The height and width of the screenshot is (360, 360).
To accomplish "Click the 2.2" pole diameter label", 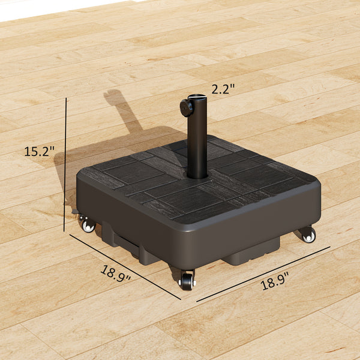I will (x=223, y=88).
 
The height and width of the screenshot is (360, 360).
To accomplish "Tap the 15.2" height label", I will (x=40, y=151).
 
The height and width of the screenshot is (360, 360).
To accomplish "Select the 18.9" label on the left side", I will (x=116, y=274).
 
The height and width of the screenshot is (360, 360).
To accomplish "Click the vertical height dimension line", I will (x=65, y=165).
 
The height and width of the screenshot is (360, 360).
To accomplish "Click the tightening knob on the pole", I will (x=187, y=107).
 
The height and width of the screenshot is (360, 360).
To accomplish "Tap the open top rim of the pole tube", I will (x=197, y=97).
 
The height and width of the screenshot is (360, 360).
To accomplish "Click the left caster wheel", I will (x=88, y=226).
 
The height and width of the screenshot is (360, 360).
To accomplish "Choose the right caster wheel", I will (x=308, y=235).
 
